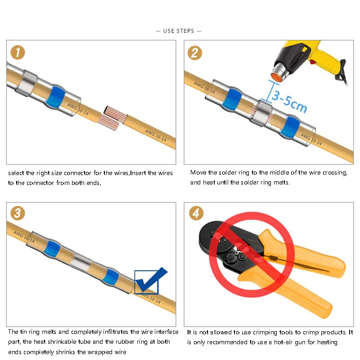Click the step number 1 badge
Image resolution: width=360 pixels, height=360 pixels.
[x=18, y=52]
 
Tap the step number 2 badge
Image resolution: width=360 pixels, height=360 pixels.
[x=195, y=53]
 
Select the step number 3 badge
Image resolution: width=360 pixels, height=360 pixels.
[x=18, y=213]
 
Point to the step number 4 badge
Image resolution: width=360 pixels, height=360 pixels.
[x=196, y=213]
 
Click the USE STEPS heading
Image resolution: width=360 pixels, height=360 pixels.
[x=179, y=31]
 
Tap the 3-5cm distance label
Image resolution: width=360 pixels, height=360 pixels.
[x=289, y=102]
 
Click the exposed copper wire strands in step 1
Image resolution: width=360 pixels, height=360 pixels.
[x=112, y=118]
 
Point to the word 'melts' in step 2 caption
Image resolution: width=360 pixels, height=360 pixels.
[x=281, y=183]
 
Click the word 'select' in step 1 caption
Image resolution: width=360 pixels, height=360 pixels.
[x=16, y=173]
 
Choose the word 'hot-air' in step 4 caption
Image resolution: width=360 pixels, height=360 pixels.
[x=283, y=342]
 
